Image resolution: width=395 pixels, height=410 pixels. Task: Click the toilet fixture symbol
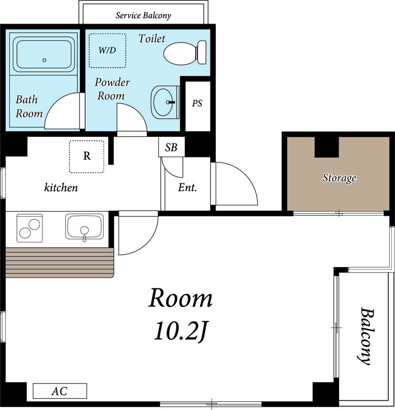click(x=185, y=53)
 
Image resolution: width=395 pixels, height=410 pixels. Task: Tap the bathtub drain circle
click(x=45, y=60)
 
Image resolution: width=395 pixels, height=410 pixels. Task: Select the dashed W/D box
click(x=108, y=50)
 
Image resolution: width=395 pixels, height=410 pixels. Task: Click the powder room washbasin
click(x=165, y=102)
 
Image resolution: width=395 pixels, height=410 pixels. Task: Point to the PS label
click(x=197, y=104)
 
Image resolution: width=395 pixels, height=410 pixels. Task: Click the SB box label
click(x=171, y=148)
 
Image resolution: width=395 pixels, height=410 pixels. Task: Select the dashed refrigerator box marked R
click(x=87, y=157)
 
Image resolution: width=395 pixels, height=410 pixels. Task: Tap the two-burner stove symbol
click(x=30, y=228)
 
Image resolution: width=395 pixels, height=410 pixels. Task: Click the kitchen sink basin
click(x=85, y=227)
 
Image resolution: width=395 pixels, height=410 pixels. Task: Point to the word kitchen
click(x=61, y=188)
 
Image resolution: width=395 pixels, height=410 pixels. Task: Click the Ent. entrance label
click(x=187, y=188)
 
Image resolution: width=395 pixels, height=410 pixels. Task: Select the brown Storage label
click(x=339, y=178)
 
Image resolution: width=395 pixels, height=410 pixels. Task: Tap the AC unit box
click(x=60, y=391)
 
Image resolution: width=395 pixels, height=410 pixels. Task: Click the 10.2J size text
click(x=180, y=332)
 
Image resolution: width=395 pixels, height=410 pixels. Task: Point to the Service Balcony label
click(x=143, y=15)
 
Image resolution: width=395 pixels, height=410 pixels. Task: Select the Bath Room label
click(x=29, y=107)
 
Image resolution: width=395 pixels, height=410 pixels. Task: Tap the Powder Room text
click(x=112, y=89)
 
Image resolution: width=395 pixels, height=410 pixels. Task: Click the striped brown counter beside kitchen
click(x=60, y=263)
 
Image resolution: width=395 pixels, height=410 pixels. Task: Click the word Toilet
click(x=152, y=39)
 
